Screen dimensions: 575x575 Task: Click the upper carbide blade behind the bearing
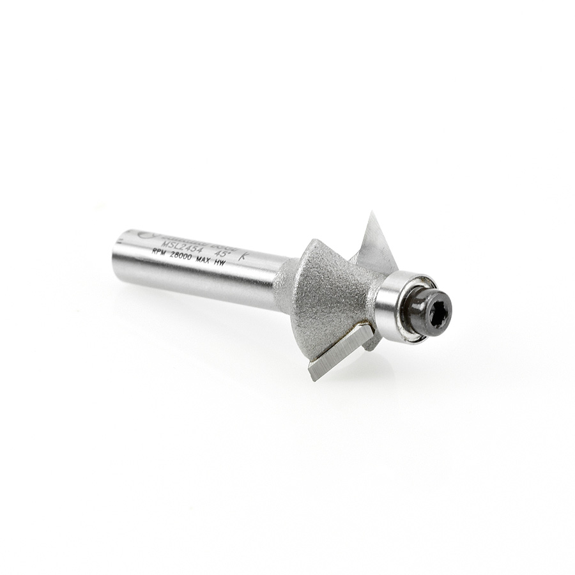[377, 246]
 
